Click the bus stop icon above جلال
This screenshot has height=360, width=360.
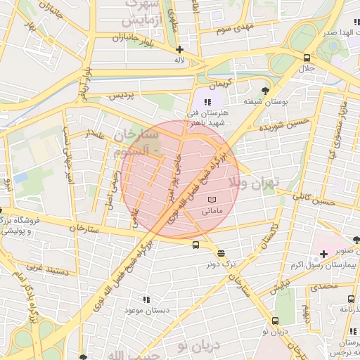click(307, 58)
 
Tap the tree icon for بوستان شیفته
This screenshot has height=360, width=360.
click(265, 90)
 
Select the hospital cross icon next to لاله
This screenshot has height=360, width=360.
click(180, 49)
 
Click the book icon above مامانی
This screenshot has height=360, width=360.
click(212, 200)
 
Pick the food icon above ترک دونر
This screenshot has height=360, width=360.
click(221, 253)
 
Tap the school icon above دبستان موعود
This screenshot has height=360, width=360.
click(146, 299)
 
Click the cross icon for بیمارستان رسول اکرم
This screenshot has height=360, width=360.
click(323, 253)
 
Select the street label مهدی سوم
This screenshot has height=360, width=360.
click(234, 29)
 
